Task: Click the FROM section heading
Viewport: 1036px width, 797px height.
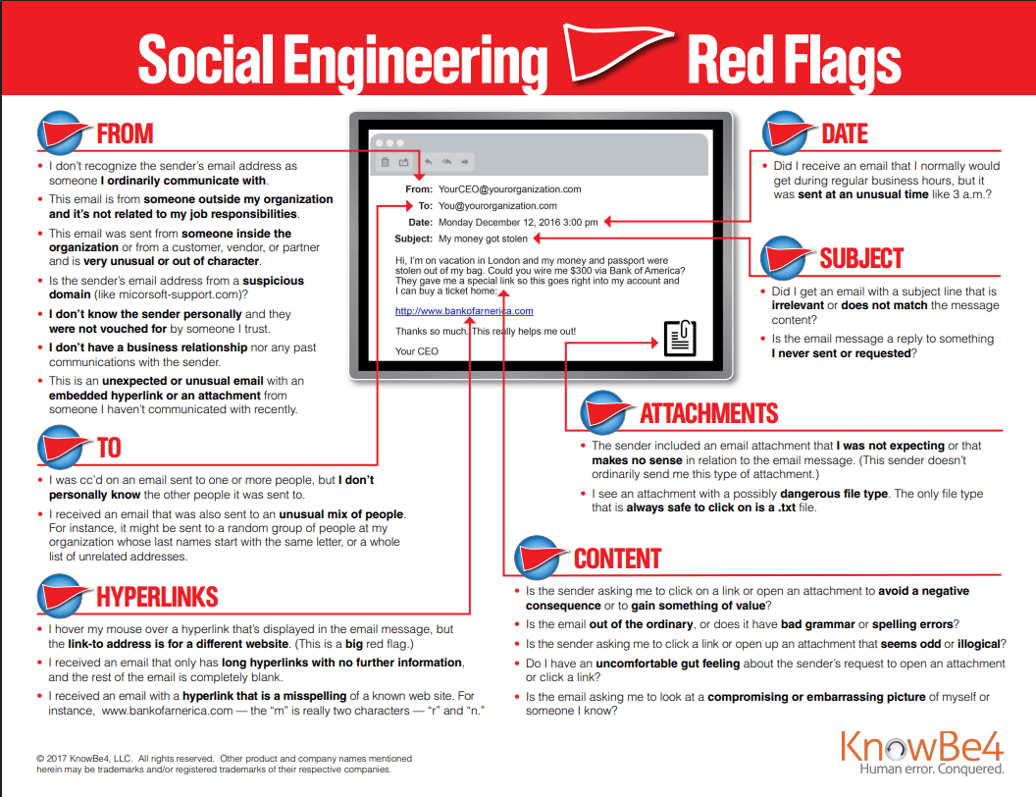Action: (125, 133)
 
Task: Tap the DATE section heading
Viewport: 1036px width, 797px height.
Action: (845, 133)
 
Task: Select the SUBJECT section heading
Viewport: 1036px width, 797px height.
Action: (861, 258)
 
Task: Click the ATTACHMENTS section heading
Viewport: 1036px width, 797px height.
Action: (708, 413)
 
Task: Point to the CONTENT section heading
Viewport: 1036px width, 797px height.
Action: (617, 558)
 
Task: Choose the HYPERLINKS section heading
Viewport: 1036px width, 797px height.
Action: (157, 597)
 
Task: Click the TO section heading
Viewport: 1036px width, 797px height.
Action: (109, 449)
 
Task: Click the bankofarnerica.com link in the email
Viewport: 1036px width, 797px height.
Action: (464, 311)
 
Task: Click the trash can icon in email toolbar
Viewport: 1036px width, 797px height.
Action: (385, 162)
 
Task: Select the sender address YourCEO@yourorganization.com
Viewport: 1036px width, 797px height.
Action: (509, 189)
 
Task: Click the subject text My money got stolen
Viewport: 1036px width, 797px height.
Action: (483, 239)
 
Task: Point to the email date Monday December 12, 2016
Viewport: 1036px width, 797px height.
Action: (518, 223)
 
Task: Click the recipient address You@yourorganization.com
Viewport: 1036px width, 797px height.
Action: (497, 206)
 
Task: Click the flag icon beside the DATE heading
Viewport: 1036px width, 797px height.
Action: (789, 134)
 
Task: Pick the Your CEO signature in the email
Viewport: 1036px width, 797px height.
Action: (417, 351)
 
